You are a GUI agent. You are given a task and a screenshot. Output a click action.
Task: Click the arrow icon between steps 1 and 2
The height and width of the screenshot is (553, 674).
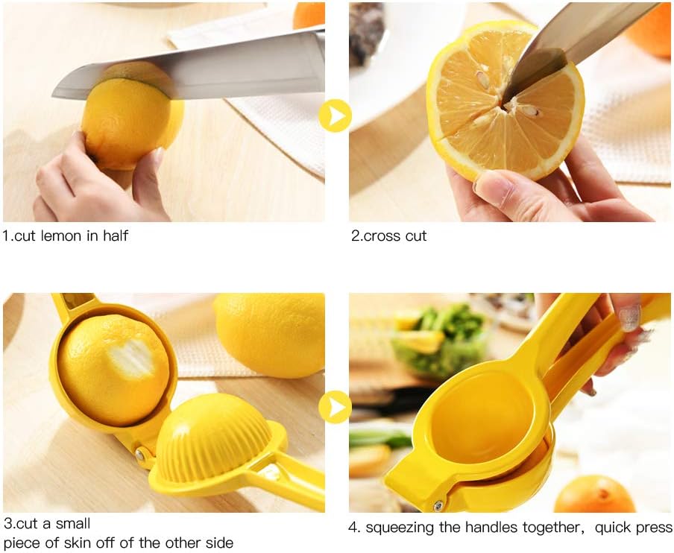[x=336, y=116]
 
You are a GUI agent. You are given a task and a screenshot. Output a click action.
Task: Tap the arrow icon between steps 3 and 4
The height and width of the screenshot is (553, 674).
[x=336, y=407]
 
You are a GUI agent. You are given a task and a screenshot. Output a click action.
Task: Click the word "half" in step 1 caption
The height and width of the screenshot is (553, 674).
[x=115, y=236]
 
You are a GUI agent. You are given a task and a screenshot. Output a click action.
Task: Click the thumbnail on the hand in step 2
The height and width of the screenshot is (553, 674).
[x=493, y=186]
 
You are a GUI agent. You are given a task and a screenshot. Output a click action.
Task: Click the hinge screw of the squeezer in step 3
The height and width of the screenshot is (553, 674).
[x=139, y=453]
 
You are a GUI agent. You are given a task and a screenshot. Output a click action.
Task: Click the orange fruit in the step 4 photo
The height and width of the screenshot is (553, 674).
[x=595, y=495]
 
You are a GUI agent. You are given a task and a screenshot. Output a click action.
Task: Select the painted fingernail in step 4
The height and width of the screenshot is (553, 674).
[x=629, y=317]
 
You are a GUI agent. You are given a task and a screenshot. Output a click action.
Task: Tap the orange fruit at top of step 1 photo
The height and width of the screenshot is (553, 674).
[x=309, y=15]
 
